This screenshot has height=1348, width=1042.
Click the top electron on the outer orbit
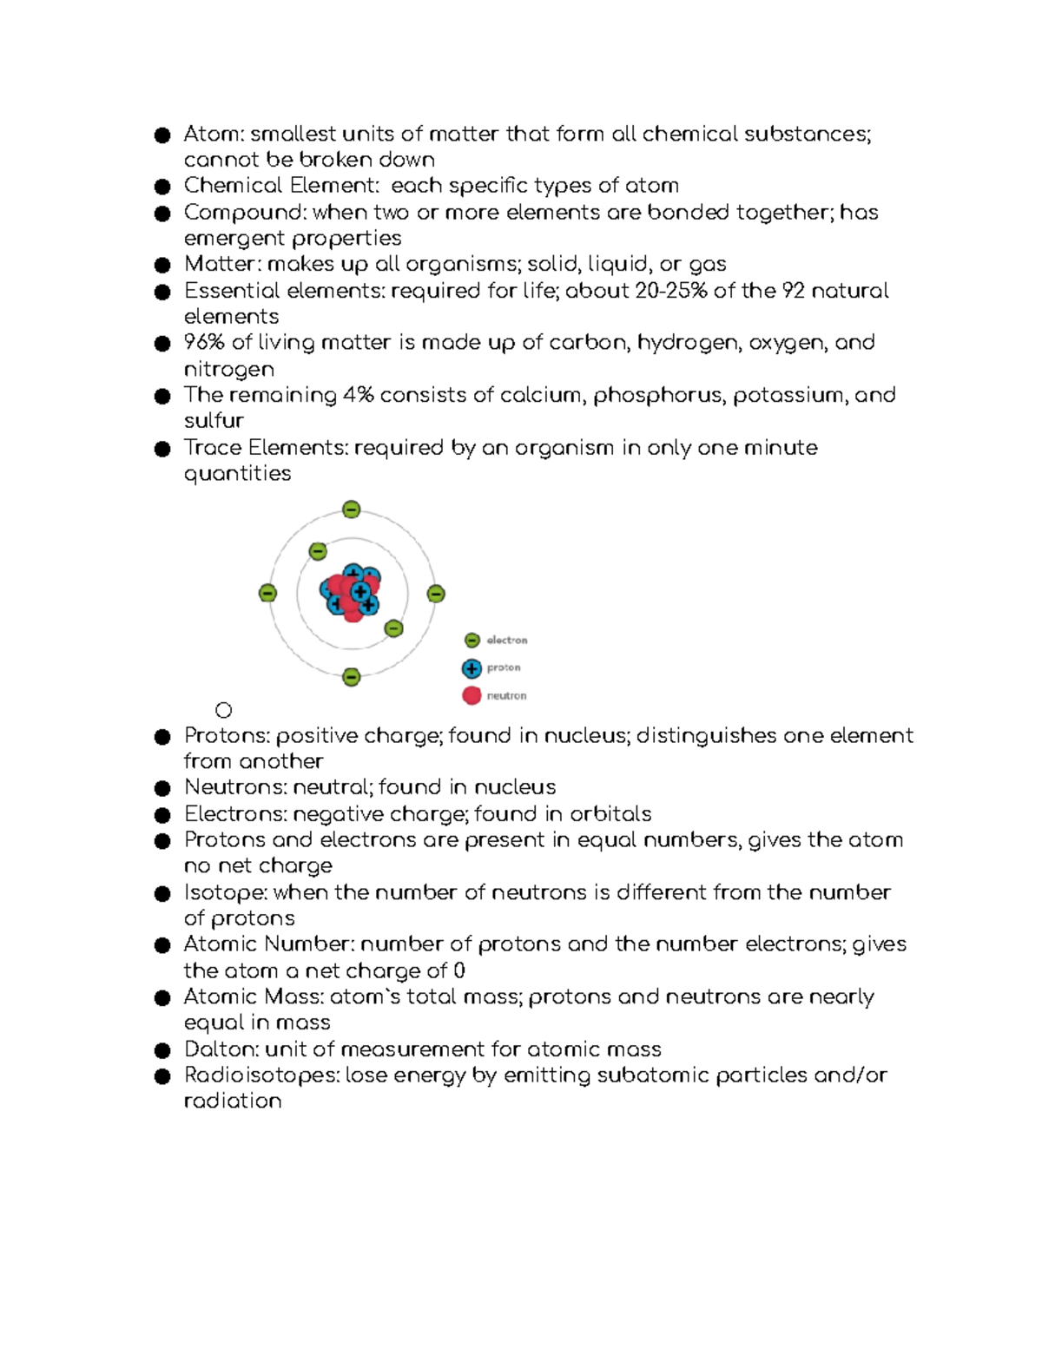[x=351, y=510]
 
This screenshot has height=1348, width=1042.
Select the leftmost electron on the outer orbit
[x=267, y=594]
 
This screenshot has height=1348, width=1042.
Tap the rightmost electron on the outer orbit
[x=436, y=594]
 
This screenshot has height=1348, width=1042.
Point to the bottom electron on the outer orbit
[x=351, y=677]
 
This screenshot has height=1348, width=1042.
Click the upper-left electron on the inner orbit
[x=318, y=551]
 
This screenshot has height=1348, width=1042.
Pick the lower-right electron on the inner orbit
[x=393, y=628]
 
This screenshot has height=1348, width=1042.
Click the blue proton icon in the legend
[x=472, y=668]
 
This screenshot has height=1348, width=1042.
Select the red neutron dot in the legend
[x=472, y=695]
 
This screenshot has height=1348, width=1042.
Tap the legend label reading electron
[x=506, y=641]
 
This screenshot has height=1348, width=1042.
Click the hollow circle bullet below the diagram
[x=223, y=711]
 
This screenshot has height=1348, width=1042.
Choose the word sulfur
[x=214, y=421]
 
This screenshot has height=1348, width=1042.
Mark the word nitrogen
[x=228, y=370]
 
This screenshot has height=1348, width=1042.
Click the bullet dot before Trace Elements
[x=162, y=449]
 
